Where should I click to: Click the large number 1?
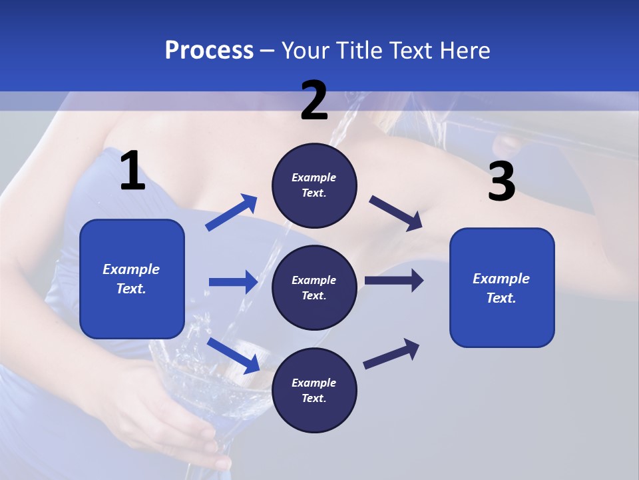point(132,171)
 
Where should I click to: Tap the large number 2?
point(314,101)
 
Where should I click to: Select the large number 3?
point(501,182)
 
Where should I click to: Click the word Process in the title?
point(209,50)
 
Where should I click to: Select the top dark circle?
point(314,185)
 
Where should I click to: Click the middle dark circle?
point(314,287)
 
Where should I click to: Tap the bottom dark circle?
point(314,390)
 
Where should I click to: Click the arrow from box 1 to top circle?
point(232,212)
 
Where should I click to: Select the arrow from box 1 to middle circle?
point(233,282)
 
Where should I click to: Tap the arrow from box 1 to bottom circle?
point(234,355)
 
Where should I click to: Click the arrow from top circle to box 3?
point(395,213)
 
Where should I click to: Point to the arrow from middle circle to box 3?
point(394,281)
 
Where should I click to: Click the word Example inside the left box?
point(131,269)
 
